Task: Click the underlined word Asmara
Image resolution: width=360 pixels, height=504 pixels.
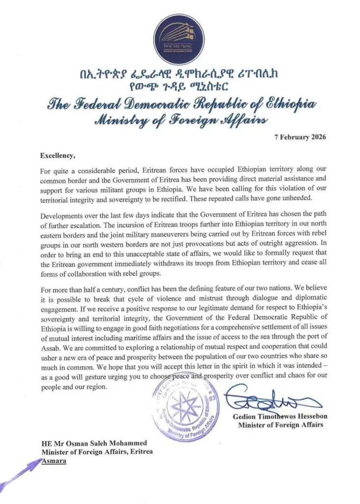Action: coord(53,461)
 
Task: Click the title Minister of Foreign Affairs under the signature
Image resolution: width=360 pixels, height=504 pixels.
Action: coord(280,425)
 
